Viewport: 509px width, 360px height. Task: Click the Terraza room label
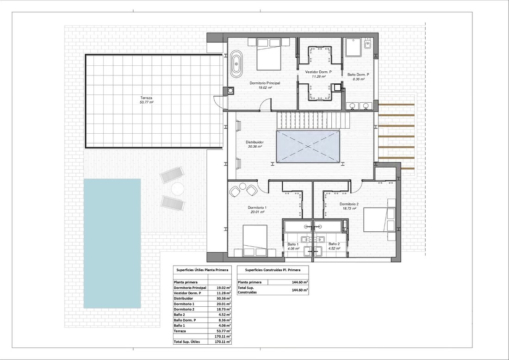pos(146,98)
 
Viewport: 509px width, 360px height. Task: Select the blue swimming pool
pos(112,243)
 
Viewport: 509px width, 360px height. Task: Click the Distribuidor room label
pos(254,142)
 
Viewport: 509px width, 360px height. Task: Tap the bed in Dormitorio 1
pos(255,241)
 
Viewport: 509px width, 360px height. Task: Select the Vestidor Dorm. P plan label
pos(318,72)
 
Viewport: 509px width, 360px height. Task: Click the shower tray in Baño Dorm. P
pos(353,47)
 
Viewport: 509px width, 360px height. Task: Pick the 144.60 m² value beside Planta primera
pos(300,282)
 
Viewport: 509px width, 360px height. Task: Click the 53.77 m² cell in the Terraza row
pos(224,331)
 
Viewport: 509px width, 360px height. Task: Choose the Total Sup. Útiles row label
pos(186,342)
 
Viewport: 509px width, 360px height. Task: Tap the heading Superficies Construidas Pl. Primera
pos(273,270)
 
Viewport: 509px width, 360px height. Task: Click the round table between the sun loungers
pos(178,189)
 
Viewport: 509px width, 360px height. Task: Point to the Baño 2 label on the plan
pos(334,244)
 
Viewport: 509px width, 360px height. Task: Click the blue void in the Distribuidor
pos(308,146)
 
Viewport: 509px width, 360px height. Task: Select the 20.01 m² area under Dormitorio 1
pos(257,212)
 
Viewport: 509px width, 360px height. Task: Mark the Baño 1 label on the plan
pos(293,244)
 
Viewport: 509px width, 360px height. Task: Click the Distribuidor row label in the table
pos(183,298)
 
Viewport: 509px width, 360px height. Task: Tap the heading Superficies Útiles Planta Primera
pos(202,270)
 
